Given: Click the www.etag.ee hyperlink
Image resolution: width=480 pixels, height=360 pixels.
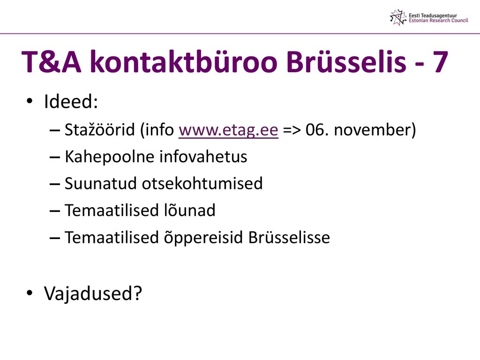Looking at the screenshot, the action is pyautogui.click(x=228, y=130).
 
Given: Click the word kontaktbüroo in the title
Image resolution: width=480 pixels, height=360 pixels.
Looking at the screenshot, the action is pyautogui.click(x=183, y=61).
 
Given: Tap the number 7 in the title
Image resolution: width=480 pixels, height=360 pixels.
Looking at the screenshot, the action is pyautogui.click(x=441, y=62).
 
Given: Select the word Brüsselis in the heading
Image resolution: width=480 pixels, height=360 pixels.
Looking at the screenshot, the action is pyautogui.click(x=346, y=61).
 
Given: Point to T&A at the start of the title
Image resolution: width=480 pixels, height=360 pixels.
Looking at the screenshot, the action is pyautogui.click(x=52, y=62).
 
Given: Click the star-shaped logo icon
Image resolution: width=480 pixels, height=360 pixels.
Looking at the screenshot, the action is pyautogui.click(x=398, y=17).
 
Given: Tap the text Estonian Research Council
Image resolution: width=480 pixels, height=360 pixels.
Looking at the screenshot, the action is pyautogui.click(x=438, y=21).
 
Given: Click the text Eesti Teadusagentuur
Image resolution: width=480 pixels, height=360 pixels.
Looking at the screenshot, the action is pyautogui.click(x=433, y=15).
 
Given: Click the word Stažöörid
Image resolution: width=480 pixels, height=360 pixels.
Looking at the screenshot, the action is pyautogui.click(x=100, y=129).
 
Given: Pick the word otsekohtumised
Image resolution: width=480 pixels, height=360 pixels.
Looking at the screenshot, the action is pyautogui.click(x=202, y=183).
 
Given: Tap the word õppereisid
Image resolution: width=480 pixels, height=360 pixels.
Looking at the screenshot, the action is pyautogui.click(x=203, y=238).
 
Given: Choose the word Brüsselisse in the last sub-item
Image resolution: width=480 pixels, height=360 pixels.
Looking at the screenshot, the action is pyautogui.click(x=289, y=237).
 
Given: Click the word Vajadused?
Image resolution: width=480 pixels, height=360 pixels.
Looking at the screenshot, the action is pyautogui.click(x=93, y=293).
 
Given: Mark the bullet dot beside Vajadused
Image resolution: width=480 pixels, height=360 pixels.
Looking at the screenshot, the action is pyautogui.click(x=30, y=293).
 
